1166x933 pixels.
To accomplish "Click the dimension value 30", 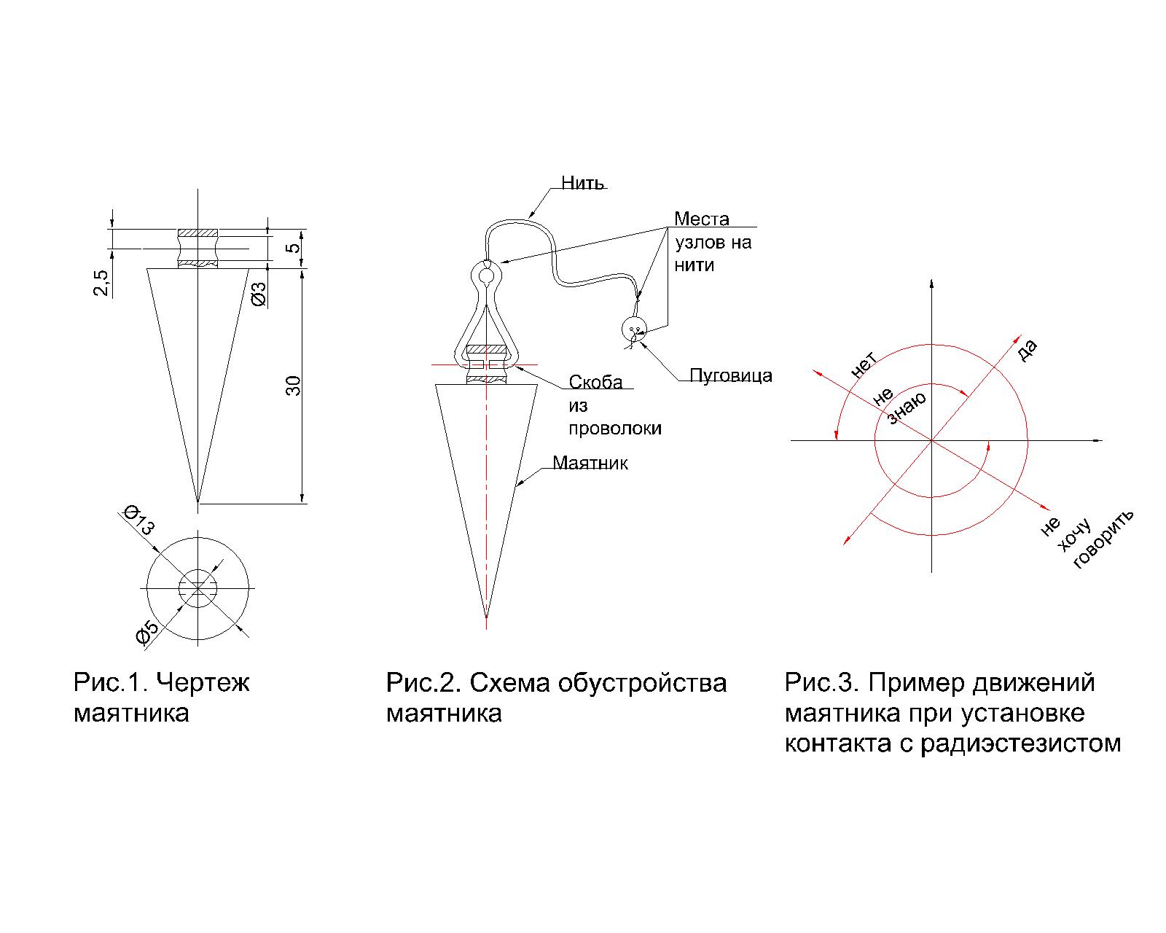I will tap(293, 385).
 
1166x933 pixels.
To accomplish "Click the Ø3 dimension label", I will tap(259, 292).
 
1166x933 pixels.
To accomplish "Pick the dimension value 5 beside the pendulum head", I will tap(293, 248).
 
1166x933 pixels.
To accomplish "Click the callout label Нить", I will tap(582, 182).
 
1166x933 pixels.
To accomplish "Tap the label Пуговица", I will tap(730, 376).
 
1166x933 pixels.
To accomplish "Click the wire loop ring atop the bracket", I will tap(486, 276).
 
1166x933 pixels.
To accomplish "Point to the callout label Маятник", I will tap(590, 463).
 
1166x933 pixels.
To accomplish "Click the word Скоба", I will tap(595, 383).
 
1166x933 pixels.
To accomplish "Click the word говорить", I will tap(1104, 539).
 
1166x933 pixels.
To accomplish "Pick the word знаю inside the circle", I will tap(907, 407).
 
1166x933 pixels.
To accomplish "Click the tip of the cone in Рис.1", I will tap(198, 502).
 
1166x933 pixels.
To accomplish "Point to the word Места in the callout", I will tap(701, 219).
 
